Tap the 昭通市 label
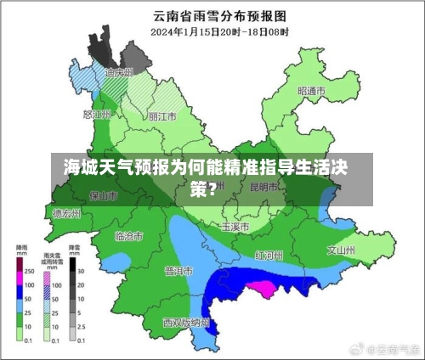[312, 91]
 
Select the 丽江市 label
[162, 116]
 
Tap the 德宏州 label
[66, 214]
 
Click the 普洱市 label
[179, 271]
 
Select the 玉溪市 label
[235, 228]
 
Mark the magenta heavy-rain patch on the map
[260, 288]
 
